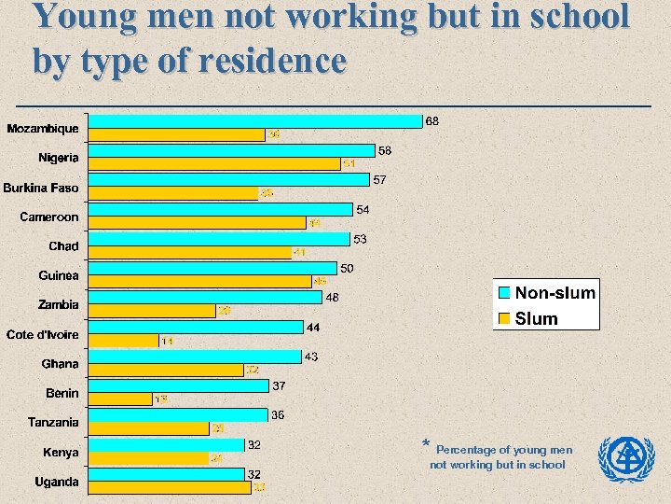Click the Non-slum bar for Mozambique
(255, 120)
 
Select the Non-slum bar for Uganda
(167, 474)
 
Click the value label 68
(432, 121)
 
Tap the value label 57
(380, 179)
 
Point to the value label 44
(314, 328)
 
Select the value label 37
(279, 385)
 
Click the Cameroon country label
(49, 217)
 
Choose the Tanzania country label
(53, 423)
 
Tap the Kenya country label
(61, 453)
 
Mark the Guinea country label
(59, 275)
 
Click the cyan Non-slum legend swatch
(504, 293)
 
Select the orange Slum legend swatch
(504, 318)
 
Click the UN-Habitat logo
(626, 457)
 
